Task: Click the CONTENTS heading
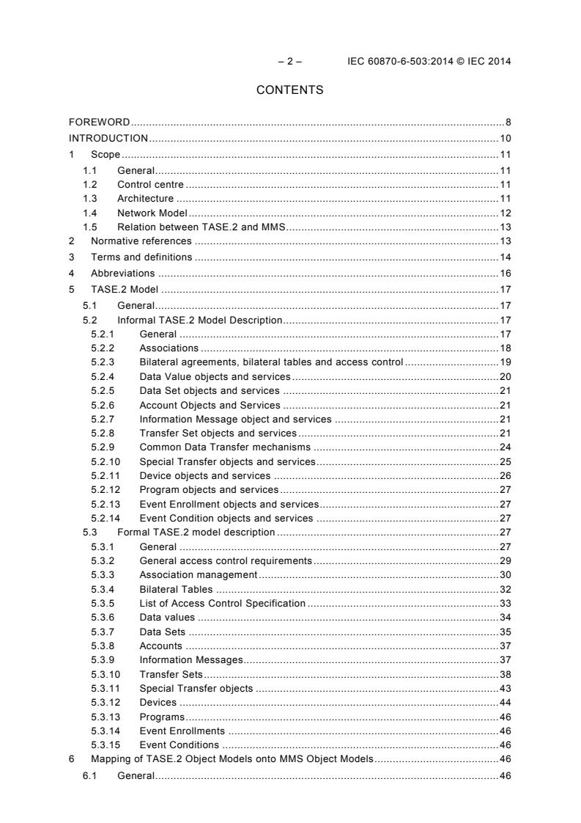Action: pyautogui.click(x=289, y=90)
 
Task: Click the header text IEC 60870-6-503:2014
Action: pyautogui.click(x=399, y=61)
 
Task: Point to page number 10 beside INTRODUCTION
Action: pyautogui.click(x=506, y=138)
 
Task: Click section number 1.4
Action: pyautogui.click(x=90, y=213)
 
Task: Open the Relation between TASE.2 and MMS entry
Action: pyautogui.click(x=201, y=227)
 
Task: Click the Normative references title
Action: pyautogui.click(x=141, y=241)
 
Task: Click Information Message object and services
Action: pyautogui.click(x=235, y=419)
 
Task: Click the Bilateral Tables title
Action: pyautogui.click(x=176, y=589)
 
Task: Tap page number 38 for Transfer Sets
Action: pyautogui.click(x=506, y=674)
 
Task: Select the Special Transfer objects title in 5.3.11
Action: pyautogui.click(x=196, y=688)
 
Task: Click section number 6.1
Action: pyautogui.click(x=90, y=775)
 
